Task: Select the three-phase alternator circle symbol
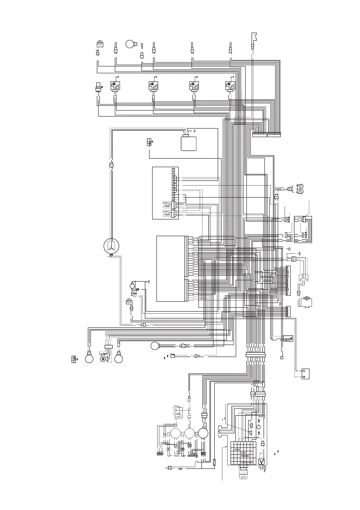(x=111, y=247)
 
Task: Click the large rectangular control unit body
(x=171, y=268)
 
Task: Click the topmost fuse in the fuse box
(x=173, y=170)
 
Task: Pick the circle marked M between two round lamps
(x=103, y=358)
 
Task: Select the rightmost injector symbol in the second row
(x=231, y=85)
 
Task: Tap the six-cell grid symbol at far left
(x=74, y=359)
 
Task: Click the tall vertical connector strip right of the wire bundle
(x=288, y=281)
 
